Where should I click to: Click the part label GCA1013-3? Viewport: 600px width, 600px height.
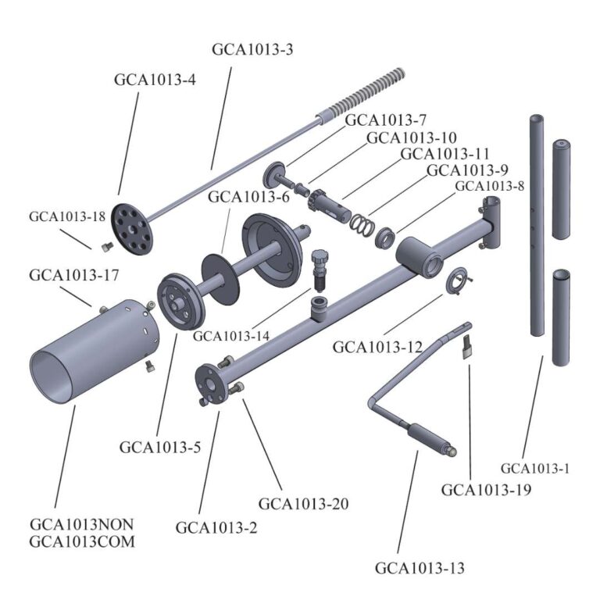point(252,49)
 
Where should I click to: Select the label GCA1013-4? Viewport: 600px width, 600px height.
point(155,80)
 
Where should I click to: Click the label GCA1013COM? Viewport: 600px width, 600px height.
point(82,541)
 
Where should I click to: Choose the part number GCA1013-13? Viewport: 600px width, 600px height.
point(420,568)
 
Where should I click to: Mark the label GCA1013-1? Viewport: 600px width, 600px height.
point(535,469)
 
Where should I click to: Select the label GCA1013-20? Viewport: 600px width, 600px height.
point(303,504)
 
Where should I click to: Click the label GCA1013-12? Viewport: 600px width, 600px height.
point(378,346)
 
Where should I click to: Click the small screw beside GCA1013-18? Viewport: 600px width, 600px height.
point(106,248)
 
